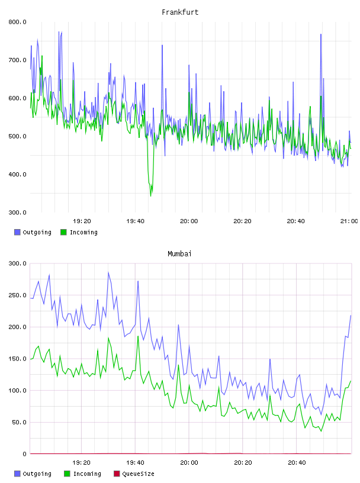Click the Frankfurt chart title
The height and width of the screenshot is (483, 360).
180,12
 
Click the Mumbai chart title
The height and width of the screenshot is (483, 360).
179,254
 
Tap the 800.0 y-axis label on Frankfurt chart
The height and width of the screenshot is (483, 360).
17,22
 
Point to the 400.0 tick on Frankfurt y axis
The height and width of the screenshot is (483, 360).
17,175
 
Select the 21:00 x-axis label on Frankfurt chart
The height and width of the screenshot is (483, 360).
349,221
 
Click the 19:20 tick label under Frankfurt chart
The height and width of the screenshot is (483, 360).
82,221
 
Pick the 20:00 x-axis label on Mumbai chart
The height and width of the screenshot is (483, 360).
189,463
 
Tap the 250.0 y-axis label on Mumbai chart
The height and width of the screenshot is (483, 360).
17,295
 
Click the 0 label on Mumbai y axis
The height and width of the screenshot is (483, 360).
24,454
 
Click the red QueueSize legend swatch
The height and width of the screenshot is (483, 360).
117,474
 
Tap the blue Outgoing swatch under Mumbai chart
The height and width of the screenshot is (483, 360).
17,474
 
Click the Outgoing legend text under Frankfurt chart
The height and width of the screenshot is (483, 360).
37,233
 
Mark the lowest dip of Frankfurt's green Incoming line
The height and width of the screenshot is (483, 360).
151,196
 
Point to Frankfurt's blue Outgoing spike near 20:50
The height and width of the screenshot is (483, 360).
321,34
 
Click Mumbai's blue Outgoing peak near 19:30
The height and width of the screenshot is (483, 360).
108,273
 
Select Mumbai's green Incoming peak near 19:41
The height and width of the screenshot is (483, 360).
138,336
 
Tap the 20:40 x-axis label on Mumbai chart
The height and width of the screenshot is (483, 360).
297,463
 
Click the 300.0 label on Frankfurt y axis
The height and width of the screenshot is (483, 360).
17,212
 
